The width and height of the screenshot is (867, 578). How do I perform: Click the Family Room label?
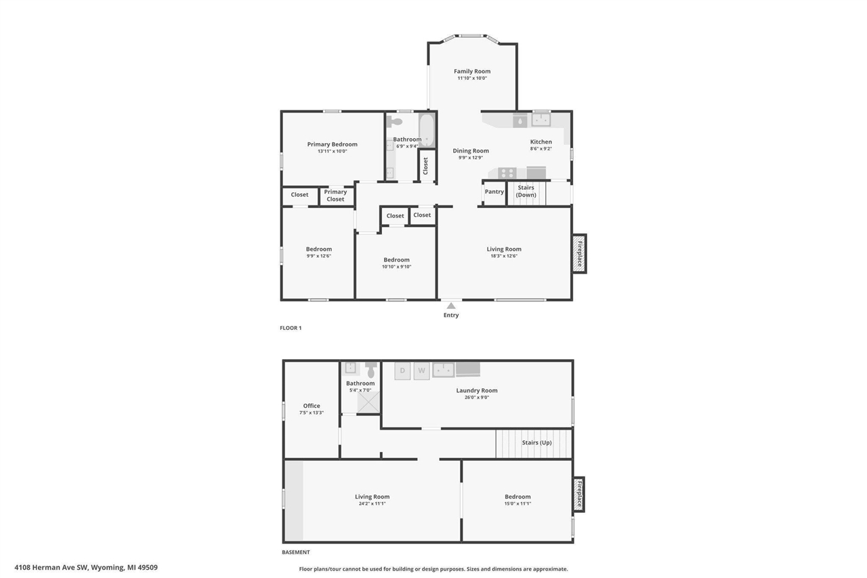pyautogui.click(x=472, y=71)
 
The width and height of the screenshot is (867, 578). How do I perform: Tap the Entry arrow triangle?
pyautogui.click(x=451, y=306)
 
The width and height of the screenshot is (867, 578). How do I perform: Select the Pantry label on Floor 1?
pyautogui.click(x=494, y=192)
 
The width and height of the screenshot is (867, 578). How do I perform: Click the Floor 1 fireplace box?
pyautogui.click(x=578, y=253)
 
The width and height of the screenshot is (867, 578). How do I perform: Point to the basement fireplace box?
pyautogui.click(x=578, y=494)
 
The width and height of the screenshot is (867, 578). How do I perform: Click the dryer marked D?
pyautogui.click(x=402, y=370)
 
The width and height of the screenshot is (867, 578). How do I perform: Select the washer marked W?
pyautogui.click(x=421, y=370)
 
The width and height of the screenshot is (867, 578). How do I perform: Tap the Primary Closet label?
pyautogui.click(x=335, y=195)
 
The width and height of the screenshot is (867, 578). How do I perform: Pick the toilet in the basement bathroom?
pyautogui.click(x=371, y=370)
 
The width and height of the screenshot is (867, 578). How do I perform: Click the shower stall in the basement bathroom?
pyautogui.click(x=369, y=402)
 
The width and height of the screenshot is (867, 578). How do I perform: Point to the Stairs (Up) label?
pyautogui.click(x=536, y=442)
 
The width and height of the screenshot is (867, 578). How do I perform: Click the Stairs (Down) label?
pyautogui.click(x=526, y=191)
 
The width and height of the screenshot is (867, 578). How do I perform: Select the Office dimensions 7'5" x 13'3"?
pyautogui.click(x=312, y=413)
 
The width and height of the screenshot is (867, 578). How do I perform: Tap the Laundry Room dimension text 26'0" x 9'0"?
pyautogui.click(x=477, y=398)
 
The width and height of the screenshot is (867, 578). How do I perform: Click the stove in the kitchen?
pyautogui.click(x=507, y=173)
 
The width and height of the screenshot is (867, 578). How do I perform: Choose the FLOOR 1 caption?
pyautogui.click(x=291, y=328)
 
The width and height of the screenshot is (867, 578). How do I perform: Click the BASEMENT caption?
pyautogui.click(x=295, y=552)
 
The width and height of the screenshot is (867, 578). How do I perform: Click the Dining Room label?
pyautogui.click(x=471, y=151)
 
